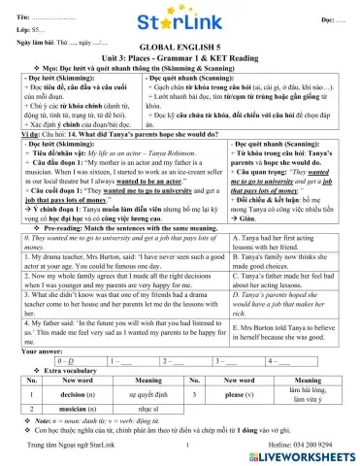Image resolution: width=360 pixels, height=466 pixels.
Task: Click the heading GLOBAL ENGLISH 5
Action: coord(180,47)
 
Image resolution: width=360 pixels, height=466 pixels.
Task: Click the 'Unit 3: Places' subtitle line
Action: coord(180,57)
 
